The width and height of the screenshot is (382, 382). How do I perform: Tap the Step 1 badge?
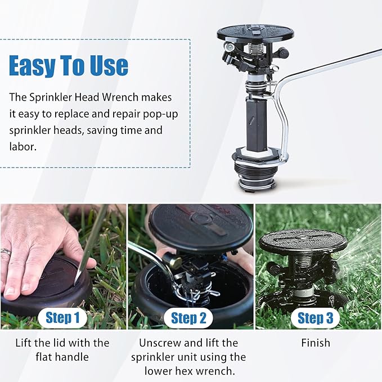[x=62, y=318]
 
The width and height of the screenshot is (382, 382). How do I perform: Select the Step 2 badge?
[x=188, y=318]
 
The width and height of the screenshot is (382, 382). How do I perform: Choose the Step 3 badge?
[x=315, y=318]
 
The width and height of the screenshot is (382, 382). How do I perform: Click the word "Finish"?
[x=316, y=343]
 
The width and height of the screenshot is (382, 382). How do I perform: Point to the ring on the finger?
[x=6, y=253]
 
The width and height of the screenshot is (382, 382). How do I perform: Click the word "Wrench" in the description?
[x=150, y=97]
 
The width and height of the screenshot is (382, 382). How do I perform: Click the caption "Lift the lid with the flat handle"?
[x=62, y=349]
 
